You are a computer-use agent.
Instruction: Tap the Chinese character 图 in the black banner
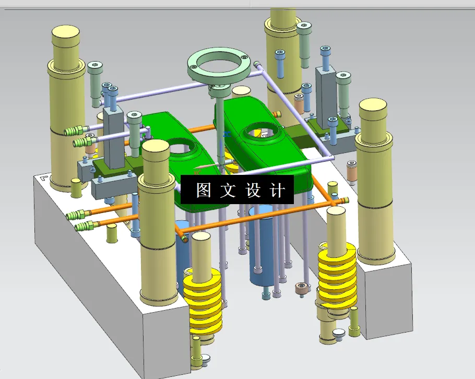pyautogui.click(x=204, y=190)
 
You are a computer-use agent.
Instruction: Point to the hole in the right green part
pyautogui.click(x=259, y=131)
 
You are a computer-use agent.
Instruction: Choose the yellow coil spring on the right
pyautogui.click(x=337, y=277)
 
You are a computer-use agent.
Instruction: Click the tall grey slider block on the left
pyautogui.click(x=112, y=133)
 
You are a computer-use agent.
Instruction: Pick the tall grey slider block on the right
pyautogui.click(x=326, y=94)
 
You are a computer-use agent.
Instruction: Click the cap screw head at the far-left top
pyautogui.click(x=95, y=66)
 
